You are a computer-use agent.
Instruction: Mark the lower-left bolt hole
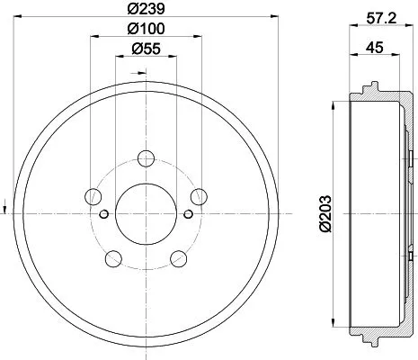pos(113,259)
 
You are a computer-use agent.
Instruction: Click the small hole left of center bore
pos(104,213)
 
